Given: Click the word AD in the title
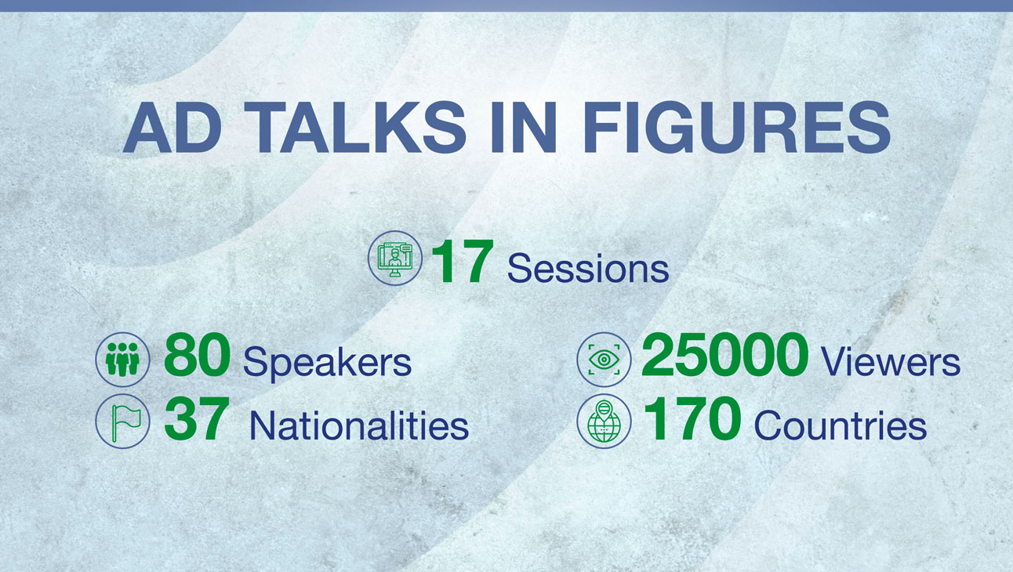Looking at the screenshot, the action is (x=172, y=128).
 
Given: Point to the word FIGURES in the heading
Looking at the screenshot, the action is (x=737, y=128).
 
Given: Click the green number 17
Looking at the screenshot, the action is (x=461, y=262).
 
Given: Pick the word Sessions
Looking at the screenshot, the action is (x=588, y=269).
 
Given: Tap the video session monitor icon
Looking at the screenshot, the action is (x=395, y=258).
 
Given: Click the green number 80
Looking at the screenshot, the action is (x=197, y=355).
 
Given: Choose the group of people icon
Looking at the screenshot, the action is (x=122, y=360).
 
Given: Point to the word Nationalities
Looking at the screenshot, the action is (x=359, y=425).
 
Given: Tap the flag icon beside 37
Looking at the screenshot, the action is (x=122, y=421).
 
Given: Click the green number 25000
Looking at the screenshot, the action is (x=725, y=355).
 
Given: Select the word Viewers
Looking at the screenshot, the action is (x=891, y=362).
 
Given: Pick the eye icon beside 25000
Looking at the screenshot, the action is (x=605, y=360).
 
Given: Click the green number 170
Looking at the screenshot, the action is (x=692, y=418).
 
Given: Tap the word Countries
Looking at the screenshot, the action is (x=841, y=425).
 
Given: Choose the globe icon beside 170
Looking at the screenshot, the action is (x=605, y=421).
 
